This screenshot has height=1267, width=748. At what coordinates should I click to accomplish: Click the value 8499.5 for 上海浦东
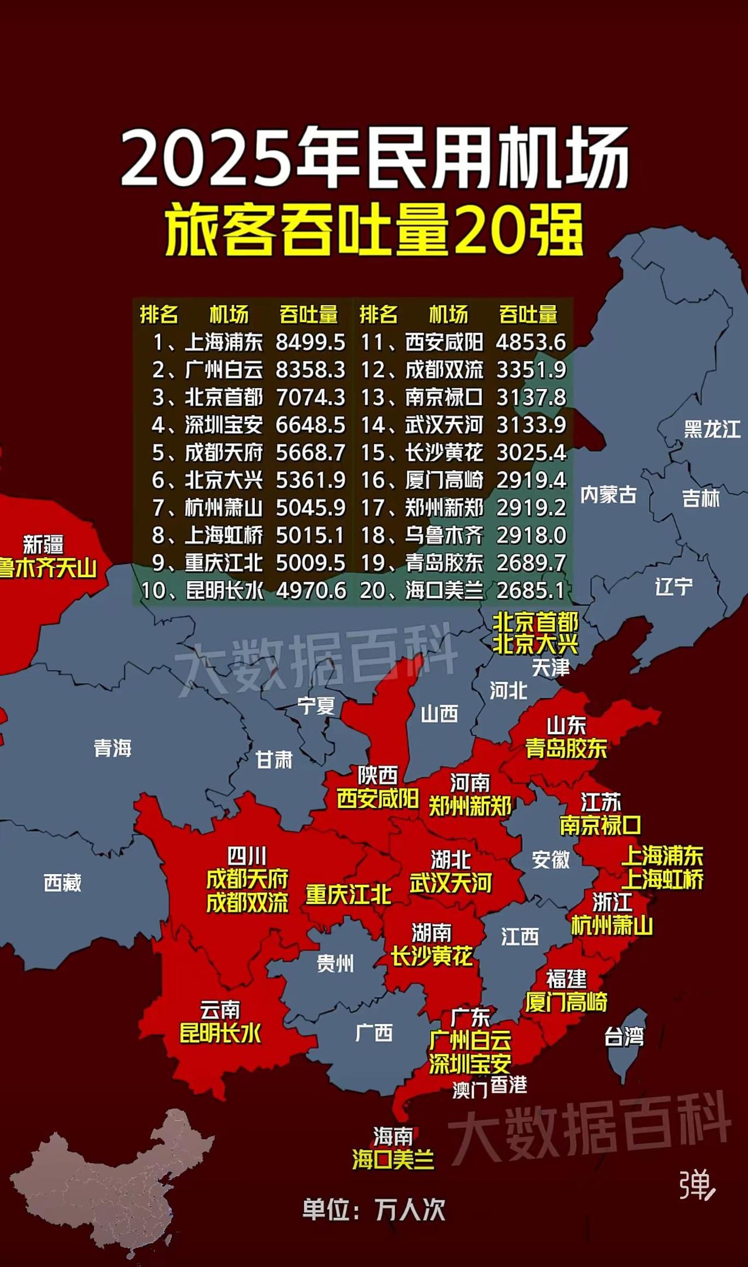click(x=310, y=342)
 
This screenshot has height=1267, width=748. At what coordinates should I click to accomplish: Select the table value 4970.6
click(x=311, y=590)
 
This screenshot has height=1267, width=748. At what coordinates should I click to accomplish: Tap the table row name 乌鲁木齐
click(x=444, y=535)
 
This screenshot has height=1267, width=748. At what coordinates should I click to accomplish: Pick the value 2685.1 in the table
click(x=531, y=590)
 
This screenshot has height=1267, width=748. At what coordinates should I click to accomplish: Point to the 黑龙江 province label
click(x=712, y=430)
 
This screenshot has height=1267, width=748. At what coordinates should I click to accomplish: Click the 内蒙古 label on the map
click(x=608, y=495)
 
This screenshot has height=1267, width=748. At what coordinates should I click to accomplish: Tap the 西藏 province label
click(x=63, y=882)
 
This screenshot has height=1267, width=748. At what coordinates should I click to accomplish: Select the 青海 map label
click(x=112, y=748)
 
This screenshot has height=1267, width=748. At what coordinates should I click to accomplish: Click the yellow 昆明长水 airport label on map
click(x=220, y=1033)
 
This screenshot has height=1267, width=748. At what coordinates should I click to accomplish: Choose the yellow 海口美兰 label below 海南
click(x=393, y=1159)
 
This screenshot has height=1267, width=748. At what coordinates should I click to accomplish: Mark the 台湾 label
click(x=624, y=1037)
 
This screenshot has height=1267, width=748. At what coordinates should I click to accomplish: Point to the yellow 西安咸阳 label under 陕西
click(x=378, y=799)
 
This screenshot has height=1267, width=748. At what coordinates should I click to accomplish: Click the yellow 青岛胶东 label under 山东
click(x=566, y=749)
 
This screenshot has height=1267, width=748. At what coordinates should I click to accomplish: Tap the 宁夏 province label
click(x=316, y=706)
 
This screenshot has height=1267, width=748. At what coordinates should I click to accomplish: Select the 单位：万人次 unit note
click(x=374, y=1210)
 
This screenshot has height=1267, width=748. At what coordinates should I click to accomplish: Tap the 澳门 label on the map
click(x=470, y=1090)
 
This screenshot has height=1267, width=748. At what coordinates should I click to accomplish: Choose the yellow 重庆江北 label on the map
click(x=348, y=895)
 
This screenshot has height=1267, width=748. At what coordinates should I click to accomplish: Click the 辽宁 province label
click(x=673, y=586)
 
